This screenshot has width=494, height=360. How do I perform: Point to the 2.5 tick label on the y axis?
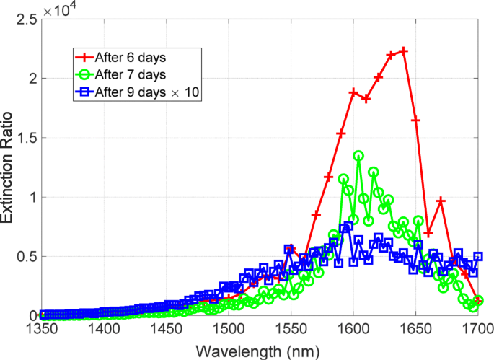(x=25, y=19)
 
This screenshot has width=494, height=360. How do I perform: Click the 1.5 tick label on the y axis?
(x=25, y=138)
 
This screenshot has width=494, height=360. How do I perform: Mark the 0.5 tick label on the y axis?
(x=25, y=256)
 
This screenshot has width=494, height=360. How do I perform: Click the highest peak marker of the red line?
(x=403, y=51)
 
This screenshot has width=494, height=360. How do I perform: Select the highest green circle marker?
(x=358, y=155)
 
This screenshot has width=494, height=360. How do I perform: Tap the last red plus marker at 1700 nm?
(x=477, y=299)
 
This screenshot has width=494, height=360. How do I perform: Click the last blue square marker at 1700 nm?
(x=477, y=256)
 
